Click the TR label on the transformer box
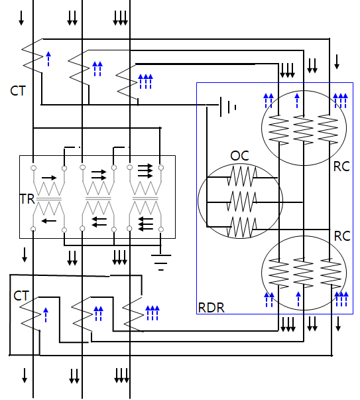coord(27,199)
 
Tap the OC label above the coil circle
coord(239,156)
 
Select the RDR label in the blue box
coord(211,308)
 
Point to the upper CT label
coord(18,91)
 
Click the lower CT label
coord(21,296)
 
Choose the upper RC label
coord(341,167)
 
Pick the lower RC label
coord(342,236)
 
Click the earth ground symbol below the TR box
coord(161,262)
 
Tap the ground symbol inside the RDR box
coord(228,107)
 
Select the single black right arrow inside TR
coord(49,178)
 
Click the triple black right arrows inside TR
coord(145,171)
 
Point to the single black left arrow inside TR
coord(48,221)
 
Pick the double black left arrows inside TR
coord(99,222)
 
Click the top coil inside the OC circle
coord(242,176)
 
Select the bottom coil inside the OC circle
coord(242,227)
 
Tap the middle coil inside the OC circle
coord(242,202)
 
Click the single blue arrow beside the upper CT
coord(48,59)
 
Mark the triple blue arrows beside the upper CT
coord(145,82)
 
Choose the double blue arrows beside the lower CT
coord(98,314)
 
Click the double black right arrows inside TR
coord(99,174)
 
